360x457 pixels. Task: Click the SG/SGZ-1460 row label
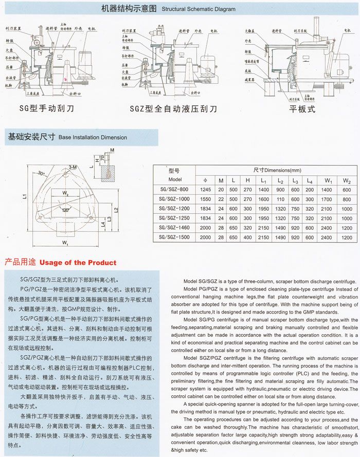[174, 228]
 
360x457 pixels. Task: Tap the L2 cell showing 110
[280, 199]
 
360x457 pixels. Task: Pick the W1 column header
[328, 180]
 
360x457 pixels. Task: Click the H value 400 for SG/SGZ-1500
[247, 237]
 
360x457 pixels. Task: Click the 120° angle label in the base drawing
[66, 210]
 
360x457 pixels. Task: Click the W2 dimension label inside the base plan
[66, 194]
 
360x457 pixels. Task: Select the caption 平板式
[301, 109]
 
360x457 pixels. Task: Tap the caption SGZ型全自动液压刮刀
[173, 109]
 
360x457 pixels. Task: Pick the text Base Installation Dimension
[93, 138]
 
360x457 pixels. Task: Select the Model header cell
[175, 180]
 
